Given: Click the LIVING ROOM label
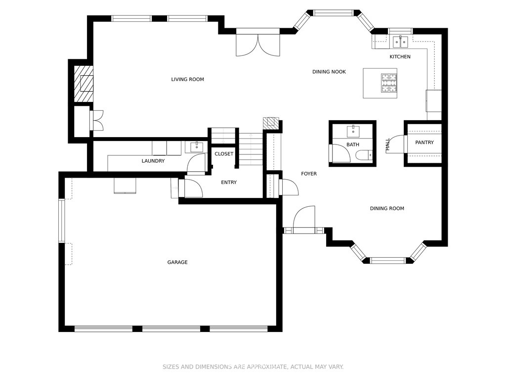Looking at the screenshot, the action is coord(187,80).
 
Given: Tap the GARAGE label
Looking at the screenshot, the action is coord(177,262).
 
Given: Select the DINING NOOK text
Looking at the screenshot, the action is coord(329,72).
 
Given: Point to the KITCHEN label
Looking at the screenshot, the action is coord(400,57).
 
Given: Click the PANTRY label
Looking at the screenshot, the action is coord(424,142).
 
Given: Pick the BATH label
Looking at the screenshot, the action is coord(353,145).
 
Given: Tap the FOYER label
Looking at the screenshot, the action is coord(309,174).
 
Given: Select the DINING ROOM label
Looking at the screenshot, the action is coord(387,209).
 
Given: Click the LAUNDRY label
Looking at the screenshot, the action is coord(153,161).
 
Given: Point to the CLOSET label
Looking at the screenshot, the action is coord(224,154).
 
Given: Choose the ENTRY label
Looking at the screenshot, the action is coord(229,183).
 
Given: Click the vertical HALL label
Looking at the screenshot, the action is coord(388,144).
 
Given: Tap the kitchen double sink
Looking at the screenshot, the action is coord(400,42).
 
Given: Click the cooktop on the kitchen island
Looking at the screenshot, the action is coord(389,83).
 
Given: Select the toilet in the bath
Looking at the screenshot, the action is coord(364,156).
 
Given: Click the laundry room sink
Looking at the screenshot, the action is coord(197,147).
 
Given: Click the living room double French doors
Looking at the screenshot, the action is coord(257,45).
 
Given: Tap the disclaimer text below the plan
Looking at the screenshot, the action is coord(253,367).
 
